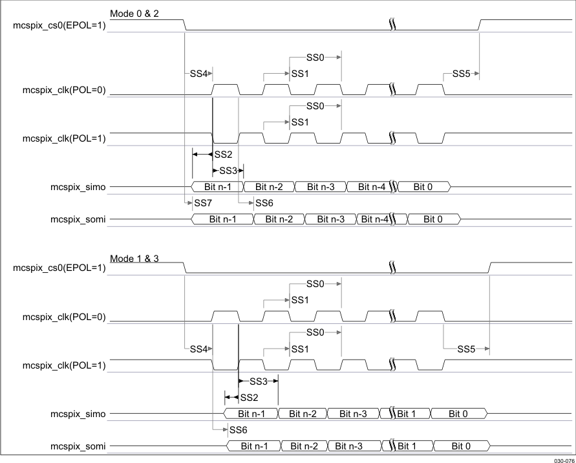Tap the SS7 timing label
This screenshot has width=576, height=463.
click(202, 204)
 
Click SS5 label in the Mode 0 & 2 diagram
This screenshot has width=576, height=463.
click(460, 74)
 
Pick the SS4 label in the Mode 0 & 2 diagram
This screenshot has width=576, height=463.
click(198, 74)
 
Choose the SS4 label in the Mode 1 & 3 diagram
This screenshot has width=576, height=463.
click(198, 349)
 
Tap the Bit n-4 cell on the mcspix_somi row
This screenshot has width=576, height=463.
click(374, 220)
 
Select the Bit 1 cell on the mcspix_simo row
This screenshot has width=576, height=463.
click(406, 413)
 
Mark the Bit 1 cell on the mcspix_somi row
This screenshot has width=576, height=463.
click(406, 446)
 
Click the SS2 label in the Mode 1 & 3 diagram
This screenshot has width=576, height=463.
click(249, 397)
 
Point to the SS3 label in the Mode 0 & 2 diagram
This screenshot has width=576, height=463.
click(228, 171)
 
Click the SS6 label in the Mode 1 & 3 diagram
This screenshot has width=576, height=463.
click(238, 429)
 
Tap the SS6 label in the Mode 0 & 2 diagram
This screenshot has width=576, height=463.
click(264, 204)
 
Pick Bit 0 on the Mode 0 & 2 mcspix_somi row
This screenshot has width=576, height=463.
click(432, 220)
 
